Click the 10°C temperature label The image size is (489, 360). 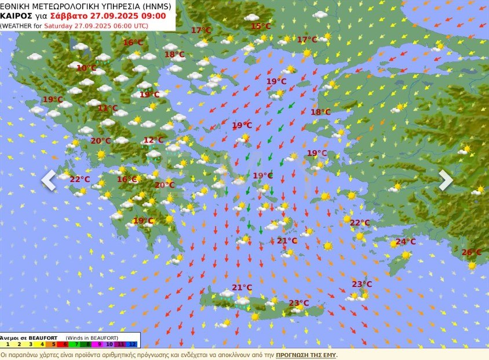click(86, 68)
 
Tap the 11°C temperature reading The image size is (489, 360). click(107, 108)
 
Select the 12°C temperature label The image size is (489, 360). click(154, 140)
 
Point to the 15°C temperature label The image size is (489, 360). click(261, 26)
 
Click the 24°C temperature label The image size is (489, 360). click(406, 242)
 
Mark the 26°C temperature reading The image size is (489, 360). click(471, 252)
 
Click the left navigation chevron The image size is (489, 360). click(49, 180)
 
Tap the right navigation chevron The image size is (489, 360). click(445, 180)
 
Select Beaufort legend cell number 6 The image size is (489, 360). click(64, 344)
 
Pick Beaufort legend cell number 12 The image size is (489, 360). click(133, 344)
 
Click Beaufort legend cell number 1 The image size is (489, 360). click(7, 344)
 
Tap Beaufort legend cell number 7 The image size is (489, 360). click(76, 344)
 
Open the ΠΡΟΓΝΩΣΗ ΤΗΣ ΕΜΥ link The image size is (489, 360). click(306, 355)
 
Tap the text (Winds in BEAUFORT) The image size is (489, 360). click(92, 337)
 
